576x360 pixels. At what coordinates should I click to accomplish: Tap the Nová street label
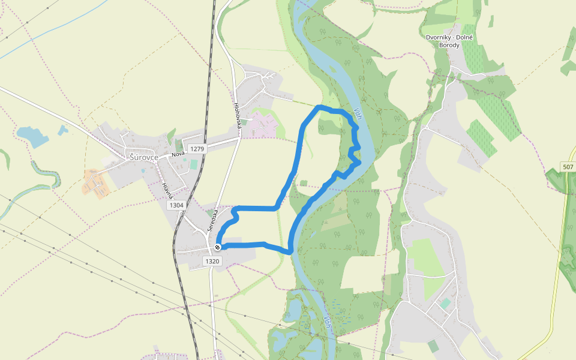178,154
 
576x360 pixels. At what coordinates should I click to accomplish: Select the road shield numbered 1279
196,148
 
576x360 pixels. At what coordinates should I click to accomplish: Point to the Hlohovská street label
237,113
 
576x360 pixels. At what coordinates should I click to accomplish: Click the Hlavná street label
167,191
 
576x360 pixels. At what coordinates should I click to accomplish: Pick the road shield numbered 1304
176,205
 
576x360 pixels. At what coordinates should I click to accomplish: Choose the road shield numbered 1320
212,261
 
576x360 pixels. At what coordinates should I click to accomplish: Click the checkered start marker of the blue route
218,247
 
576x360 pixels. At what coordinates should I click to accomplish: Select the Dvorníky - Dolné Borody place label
449,41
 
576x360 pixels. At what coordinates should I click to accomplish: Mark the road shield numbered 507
568,166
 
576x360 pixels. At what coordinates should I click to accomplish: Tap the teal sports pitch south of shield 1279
193,164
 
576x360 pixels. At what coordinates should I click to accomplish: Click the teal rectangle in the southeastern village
445,304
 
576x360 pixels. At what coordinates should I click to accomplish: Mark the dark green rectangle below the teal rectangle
433,346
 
